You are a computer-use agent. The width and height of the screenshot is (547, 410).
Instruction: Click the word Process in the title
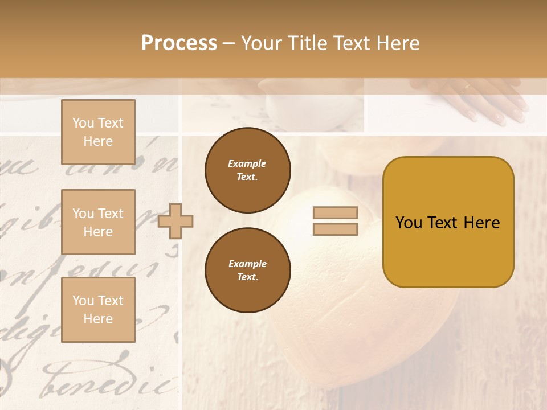pyautogui.click(x=179, y=43)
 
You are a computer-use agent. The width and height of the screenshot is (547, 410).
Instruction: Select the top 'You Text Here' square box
pyautogui.click(x=98, y=132)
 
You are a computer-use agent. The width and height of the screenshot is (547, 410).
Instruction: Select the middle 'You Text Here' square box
pyautogui.click(x=98, y=222)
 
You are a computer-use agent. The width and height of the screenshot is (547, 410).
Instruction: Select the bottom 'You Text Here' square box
pyautogui.click(x=98, y=310)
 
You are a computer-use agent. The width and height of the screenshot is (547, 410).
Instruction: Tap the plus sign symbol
pyautogui.click(x=175, y=221)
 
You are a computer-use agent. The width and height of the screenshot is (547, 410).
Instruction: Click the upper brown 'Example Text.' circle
pyautogui.click(x=247, y=170)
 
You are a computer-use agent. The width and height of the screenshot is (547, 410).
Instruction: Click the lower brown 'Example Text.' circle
pyautogui.click(x=247, y=270)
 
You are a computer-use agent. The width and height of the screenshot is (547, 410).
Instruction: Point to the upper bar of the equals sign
pyautogui.click(x=336, y=213)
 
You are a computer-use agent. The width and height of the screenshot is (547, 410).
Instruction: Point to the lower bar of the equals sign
pyautogui.click(x=336, y=229)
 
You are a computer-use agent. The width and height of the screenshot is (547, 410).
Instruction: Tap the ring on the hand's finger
pyautogui.click(x=467, y=87)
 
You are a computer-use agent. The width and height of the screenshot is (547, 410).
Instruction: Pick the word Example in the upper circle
pyautogui.click(x=247, y=163)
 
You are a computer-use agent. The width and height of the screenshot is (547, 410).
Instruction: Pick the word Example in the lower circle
pyautogui.click(x=247, y=264)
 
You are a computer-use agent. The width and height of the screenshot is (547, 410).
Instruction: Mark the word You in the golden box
pyautogui.click(x=409, y=223)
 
